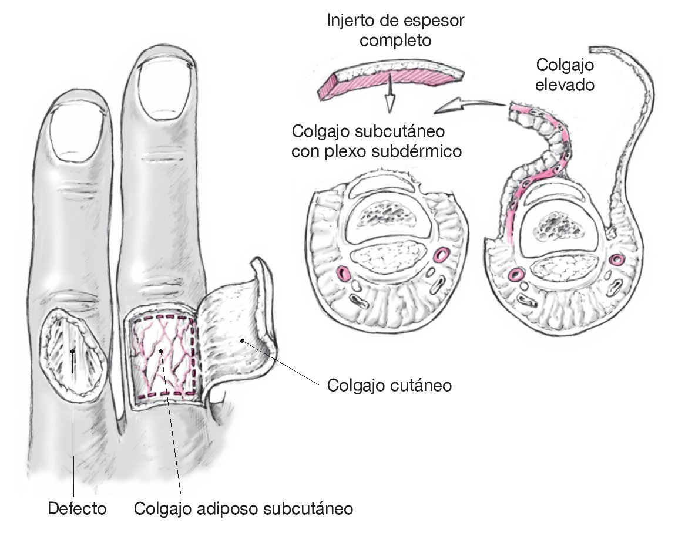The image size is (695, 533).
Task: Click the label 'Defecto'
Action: tap(72, 508)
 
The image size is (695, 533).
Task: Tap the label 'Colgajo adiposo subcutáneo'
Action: tap(244, 508)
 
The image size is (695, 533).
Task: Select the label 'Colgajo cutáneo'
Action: tap(389, 386)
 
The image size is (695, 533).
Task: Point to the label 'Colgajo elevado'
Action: tap(565, 75)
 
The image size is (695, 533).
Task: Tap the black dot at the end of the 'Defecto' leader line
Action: tap(72, 351)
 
